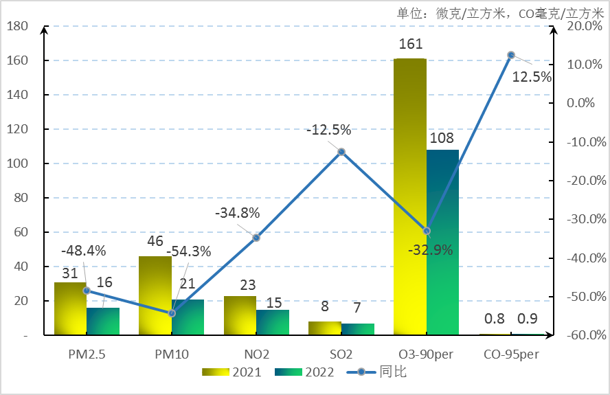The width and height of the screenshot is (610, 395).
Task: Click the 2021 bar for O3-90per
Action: pos(409,196)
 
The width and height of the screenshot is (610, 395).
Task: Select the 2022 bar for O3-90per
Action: pos(442,242)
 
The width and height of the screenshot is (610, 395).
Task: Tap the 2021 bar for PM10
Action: pos(155,295)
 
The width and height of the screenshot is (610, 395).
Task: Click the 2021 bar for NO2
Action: pos(240,315)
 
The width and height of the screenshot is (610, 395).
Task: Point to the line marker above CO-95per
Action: pos(511,55)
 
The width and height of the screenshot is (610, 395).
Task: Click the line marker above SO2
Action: pos(341,151)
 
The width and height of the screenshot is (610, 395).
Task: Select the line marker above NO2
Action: pos(256,238)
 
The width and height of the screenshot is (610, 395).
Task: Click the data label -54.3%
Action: pos(189,251)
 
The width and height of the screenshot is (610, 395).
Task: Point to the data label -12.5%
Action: pos(328,130)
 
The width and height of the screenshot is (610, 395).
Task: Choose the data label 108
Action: pos(442,138)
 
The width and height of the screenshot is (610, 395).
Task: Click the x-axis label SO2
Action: pos(341,354)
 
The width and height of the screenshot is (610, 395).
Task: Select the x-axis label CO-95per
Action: pos(511,354)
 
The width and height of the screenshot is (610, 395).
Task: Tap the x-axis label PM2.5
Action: pos(87,354)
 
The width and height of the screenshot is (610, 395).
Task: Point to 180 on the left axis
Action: pos(17,26)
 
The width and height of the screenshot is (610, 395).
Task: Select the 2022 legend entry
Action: pos(305,372)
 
